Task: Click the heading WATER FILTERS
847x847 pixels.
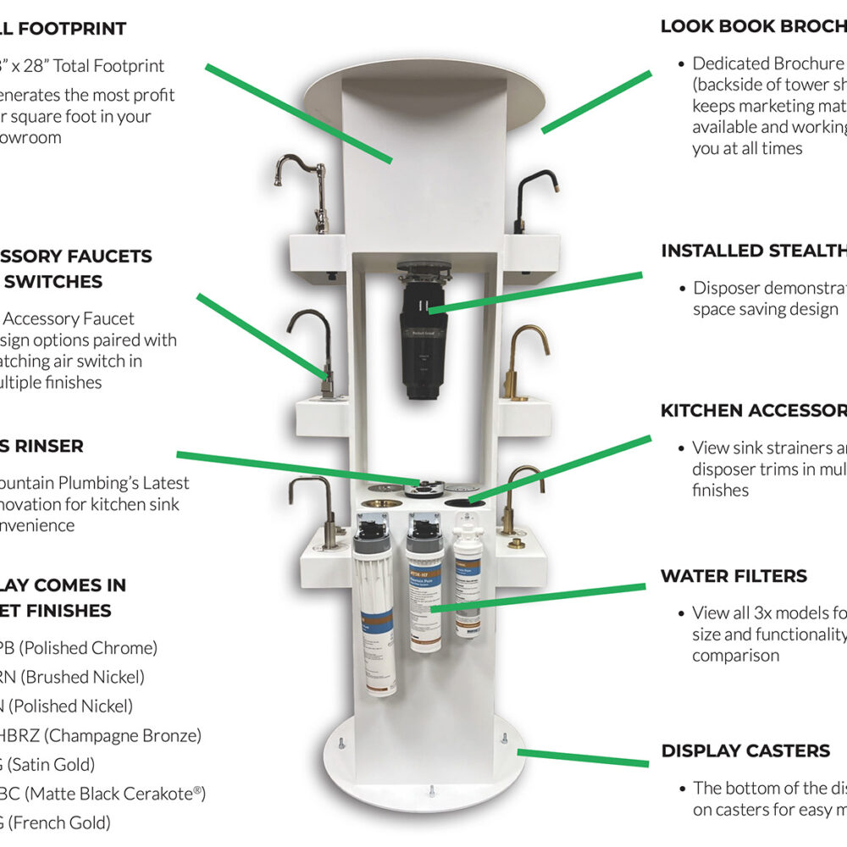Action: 734,576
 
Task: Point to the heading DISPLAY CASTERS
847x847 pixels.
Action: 745,750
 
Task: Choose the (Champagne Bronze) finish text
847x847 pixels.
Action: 110,735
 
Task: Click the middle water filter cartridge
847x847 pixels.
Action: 424,584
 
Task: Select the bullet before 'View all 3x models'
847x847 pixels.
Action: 681,613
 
